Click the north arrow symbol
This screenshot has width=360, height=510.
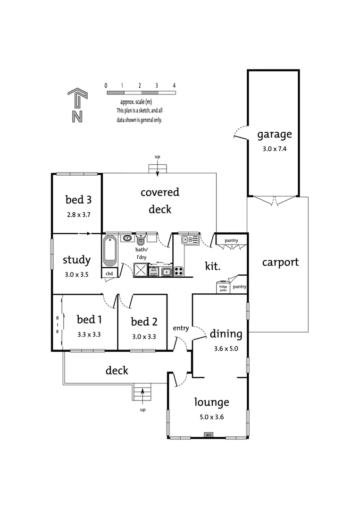pos(77,105)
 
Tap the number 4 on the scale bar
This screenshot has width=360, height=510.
pos(174,85)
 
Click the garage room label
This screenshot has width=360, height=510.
pos(274,135)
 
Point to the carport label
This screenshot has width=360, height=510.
pos(280,262)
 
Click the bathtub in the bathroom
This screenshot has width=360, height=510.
pos(109,250)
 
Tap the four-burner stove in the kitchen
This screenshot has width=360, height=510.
pos(179,271)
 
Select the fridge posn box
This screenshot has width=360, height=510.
pos(223,288)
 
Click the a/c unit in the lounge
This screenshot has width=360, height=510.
pos(208,434)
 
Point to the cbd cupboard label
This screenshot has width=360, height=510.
pos(109,273)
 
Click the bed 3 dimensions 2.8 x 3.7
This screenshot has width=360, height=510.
pos(78,214)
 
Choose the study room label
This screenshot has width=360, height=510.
pos(76,260)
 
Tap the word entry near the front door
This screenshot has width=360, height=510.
pos(181,328)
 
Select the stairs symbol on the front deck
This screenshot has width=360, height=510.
pos(142,392)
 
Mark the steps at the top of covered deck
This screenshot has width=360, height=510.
pos(158,169)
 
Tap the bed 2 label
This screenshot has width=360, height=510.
pos(144,322)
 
